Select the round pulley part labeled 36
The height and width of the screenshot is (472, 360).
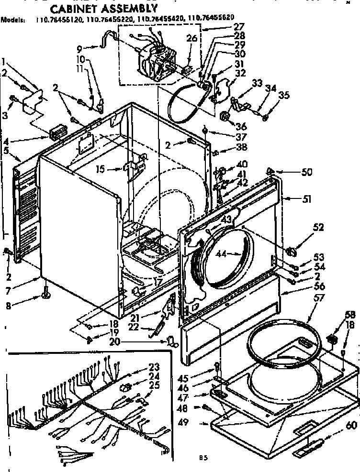225,117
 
